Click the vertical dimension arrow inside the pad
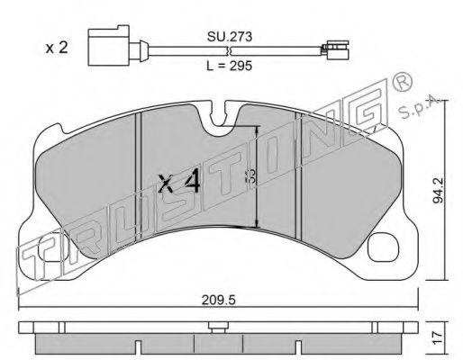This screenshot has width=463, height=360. pos(259,175)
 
